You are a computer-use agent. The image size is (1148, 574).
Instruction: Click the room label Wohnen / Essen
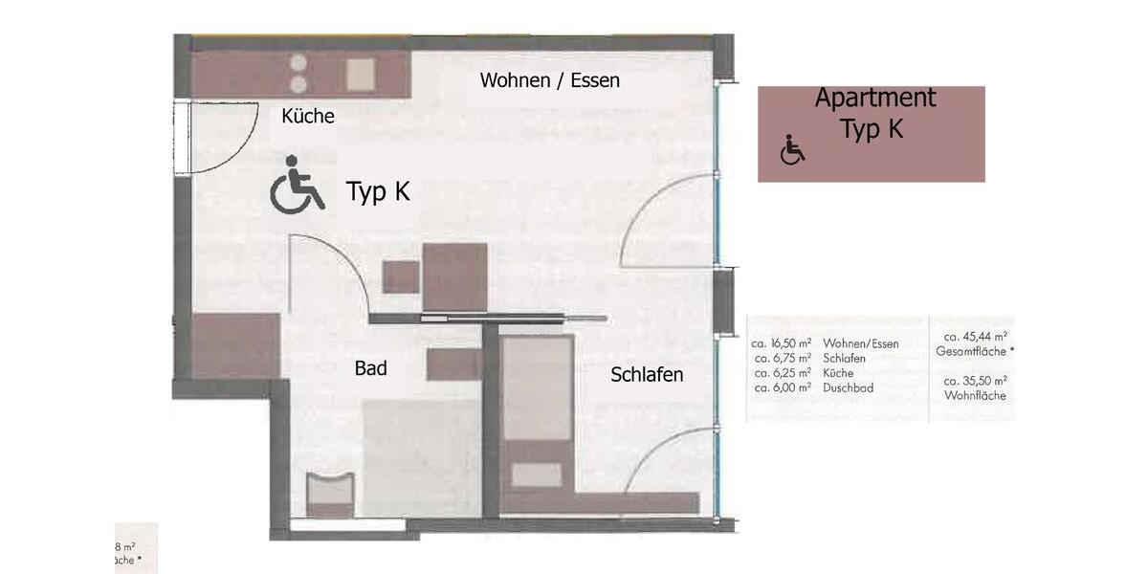point(549,80)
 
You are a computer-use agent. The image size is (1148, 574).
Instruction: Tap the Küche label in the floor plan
point(308,117)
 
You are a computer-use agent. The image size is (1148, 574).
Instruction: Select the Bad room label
point(370,367)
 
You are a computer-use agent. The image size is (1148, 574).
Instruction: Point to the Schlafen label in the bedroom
point(647,375)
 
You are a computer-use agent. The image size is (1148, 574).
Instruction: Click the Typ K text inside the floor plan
point(378,192)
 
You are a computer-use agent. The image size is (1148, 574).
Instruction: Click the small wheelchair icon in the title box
point(792,150)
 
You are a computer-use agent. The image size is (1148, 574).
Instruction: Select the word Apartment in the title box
point(874,98)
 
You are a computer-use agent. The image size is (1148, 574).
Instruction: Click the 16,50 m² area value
point(782,343)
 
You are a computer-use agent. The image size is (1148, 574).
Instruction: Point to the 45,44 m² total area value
point(975,337)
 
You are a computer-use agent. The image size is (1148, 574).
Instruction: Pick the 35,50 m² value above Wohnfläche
point(975,381)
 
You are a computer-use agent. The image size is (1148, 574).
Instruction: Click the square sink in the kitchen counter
point(361,73)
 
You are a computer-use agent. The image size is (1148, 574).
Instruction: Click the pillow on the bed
point(537,475)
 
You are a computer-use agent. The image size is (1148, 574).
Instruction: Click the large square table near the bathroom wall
point(455,276)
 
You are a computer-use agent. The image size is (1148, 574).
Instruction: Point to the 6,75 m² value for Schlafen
point(782,358)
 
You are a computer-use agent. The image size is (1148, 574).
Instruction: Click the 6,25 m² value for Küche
point(782,373)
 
